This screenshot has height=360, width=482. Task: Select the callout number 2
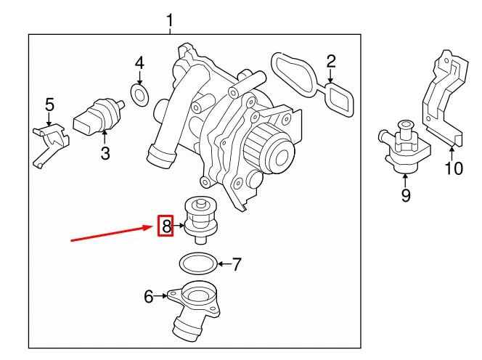(x=330, y=61)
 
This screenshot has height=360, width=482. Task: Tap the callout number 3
(x=105, y=153)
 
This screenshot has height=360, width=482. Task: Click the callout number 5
(x=49, y=105)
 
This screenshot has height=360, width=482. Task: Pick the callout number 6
(x=149, y=295)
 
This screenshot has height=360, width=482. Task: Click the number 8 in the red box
(x=166, y=227)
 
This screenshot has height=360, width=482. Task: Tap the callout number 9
(x=406, y=195)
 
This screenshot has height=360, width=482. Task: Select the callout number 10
(x=453, y=169)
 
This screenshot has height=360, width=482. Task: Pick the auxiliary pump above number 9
(x=402, y=145)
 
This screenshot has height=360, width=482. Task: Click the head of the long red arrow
(x=155, y=228)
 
